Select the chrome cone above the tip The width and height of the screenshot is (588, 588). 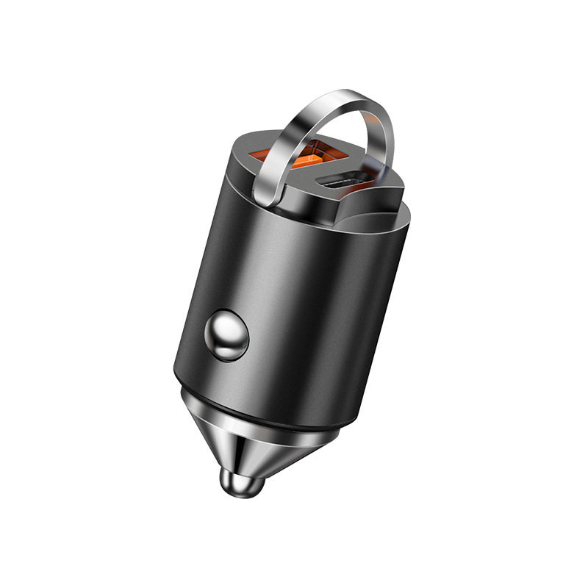click(x=257, y=441)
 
